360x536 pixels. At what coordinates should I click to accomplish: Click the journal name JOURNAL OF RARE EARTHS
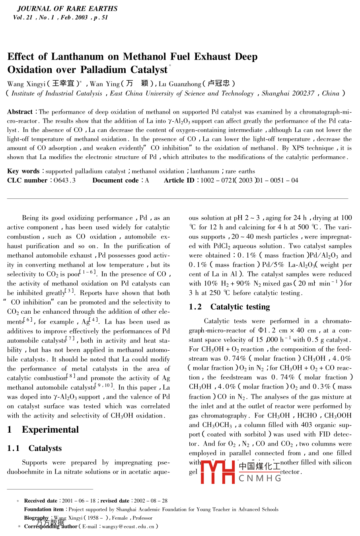[67, 8]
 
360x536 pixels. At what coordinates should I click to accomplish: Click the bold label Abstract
[20, 112]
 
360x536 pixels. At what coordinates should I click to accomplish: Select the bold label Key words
[23, 171]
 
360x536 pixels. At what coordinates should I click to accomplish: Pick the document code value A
[147, 181]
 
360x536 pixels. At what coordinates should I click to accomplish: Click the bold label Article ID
[179, 181]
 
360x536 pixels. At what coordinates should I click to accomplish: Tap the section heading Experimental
[50, 430]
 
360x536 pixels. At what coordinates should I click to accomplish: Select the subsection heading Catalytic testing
[240, 307]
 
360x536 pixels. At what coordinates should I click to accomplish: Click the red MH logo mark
[218, 472]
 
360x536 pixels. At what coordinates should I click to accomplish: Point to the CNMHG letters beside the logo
[260, 478]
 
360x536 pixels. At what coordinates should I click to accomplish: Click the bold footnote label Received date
[41, 501]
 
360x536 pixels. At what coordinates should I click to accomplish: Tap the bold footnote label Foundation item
[44, 509]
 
